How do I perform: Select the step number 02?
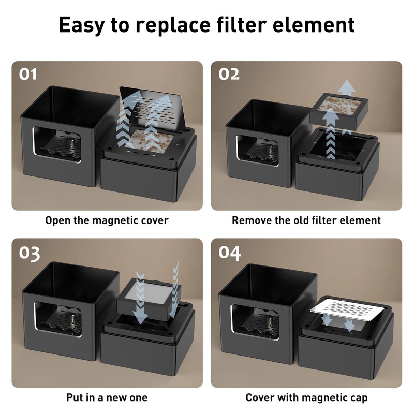coord(229,74)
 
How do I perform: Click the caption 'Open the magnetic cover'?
coord(107,220)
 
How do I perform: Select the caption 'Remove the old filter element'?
coord(306,220)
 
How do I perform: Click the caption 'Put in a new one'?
coord(107,398)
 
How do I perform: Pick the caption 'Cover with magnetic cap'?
coord(306,398)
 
